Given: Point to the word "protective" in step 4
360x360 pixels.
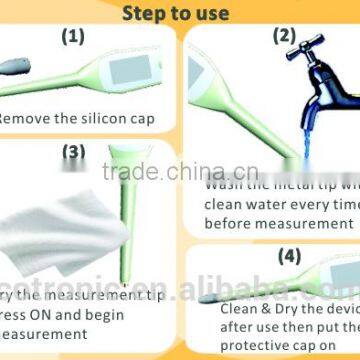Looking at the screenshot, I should (x=250, y=348).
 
